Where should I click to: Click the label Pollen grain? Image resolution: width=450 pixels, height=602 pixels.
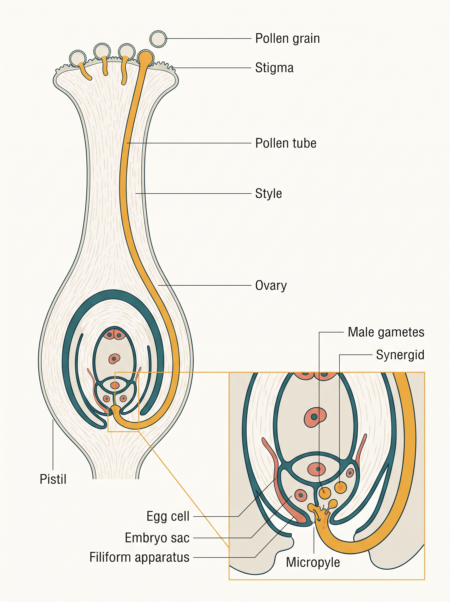(x=287, y=39)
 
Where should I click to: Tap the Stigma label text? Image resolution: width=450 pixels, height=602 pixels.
(x=274, y=68)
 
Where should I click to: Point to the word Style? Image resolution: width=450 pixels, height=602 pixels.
(x=268, y=194)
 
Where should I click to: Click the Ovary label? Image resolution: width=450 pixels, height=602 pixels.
(x=271, y=286)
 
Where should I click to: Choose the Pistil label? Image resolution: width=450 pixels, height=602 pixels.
(x=53, y=479)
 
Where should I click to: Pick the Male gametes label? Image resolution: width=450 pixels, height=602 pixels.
(x=386, y=332)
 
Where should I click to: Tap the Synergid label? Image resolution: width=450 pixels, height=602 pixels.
(x=400, y=355)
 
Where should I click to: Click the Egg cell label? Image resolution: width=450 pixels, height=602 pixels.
(x=168, y=516)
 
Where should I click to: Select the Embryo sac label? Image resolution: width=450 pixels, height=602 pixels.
(x=157, y=538)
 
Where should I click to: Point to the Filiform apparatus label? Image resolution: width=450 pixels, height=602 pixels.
(x=139, y=557)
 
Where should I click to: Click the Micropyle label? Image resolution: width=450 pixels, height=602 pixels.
(x=313, y=562)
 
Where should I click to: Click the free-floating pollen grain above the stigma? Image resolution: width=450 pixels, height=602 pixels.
(x=158, y=39)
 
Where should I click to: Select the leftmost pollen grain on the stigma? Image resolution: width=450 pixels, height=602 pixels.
(x=78, y=58)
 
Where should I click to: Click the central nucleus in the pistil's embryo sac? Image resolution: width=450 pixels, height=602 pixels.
(x=115, y=359)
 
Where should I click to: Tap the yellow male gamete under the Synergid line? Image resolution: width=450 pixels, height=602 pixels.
(x=341, y=487)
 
